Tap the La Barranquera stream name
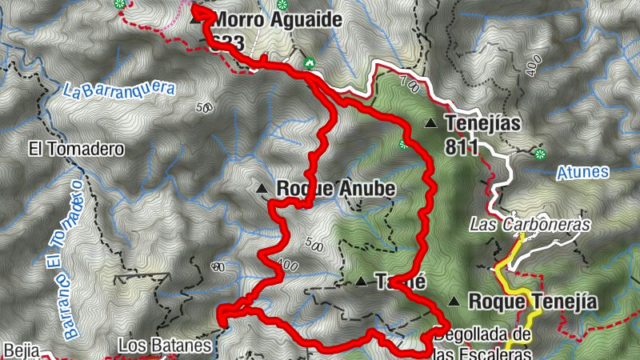(x=118, y=86)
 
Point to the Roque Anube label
(x=335, y=188)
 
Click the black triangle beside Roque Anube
(x=262, y=189)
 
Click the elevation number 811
(x=463, y=146)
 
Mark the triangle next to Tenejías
(x=431, y=123)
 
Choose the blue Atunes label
(x=582, y=171)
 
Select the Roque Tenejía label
(x=533, y=302)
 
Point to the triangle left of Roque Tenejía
(x=454, y=302)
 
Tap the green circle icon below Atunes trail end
(x=541, y=153)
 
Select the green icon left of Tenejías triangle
(x=403, y=145)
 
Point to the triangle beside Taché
(x=361, y=282)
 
